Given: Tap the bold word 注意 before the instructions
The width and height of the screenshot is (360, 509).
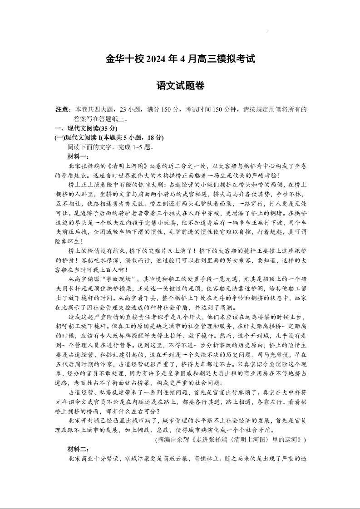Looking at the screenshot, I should coord(62,110).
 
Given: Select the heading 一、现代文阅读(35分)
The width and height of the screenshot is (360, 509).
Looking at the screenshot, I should coord(82,129).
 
